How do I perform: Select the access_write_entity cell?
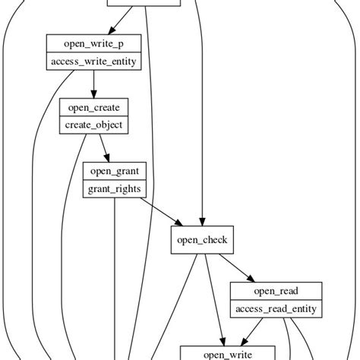tap(93, 62)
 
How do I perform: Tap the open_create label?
tap(93, 107)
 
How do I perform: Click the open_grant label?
tap(115, 171)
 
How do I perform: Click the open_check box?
tap(201, 241)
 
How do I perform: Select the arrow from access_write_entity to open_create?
tap(93, 84)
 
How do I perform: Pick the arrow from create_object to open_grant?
tap(103, 147)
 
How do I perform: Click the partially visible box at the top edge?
tap(144, 3)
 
